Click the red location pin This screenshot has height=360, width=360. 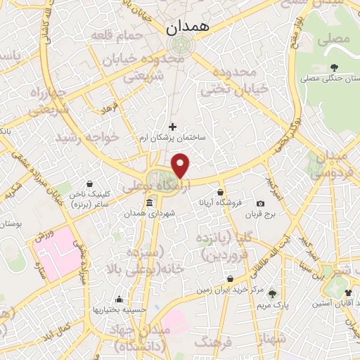(181, 166)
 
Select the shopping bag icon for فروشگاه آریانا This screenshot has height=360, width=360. (220, 192)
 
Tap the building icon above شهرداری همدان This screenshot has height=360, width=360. (148, 204)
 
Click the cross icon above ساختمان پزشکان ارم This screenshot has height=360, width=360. (173, 127)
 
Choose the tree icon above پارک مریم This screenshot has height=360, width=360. (272, 293)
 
